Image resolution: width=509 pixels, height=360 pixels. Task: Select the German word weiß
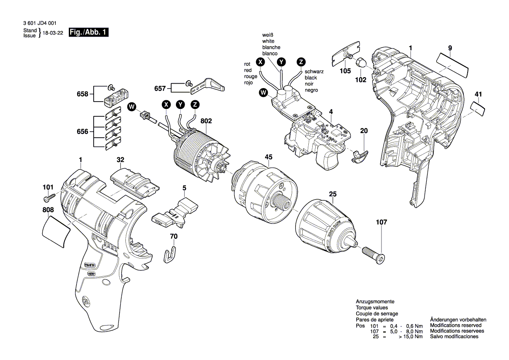pyautogui.click(x=268, y=34)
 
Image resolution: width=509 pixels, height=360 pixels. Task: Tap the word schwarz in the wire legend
pyautogui.click(x=314, y=71)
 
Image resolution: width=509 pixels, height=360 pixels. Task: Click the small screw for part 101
pyautogui.click(x=48, y=199)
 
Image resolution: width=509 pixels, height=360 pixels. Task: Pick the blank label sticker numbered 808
pyautogui.click(x=56, y=231)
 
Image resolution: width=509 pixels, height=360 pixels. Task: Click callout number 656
pyautogui.click(x=82, y=131)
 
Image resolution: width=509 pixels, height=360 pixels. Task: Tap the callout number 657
pyautogui.click(x=160, y=88)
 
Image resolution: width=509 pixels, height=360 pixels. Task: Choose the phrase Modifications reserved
pyautogui.click(x=455, y=325)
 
